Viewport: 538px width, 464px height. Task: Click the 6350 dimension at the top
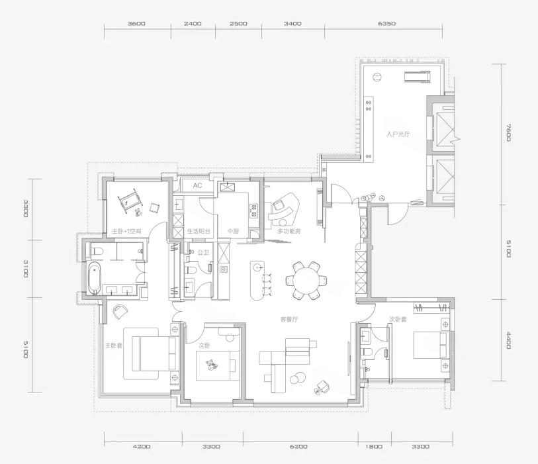coord(386,24)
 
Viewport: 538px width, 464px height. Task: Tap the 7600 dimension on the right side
coord(508,132)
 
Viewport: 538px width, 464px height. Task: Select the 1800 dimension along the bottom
coord(374,447)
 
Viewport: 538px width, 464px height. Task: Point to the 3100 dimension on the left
coord(26,269)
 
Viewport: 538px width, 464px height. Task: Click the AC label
coord(197,186)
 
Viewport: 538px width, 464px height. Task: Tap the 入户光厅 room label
coord(398,134)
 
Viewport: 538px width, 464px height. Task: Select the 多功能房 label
coord(289,231)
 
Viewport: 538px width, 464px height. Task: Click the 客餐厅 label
coord(289,320)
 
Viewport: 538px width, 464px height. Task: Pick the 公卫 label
coord(203,253)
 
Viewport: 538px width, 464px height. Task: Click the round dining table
coord(306,281)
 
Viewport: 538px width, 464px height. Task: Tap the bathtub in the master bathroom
coord(95,278)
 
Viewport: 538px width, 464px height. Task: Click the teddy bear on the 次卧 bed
coord(211,365)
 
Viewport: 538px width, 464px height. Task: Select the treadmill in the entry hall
coord(418,76)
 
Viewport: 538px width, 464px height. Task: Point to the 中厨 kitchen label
coord(233,231)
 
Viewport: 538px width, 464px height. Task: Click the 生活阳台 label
coord(199,231)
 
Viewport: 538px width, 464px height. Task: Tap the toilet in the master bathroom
coord(97,251)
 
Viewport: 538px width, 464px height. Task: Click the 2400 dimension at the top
coord(193,24)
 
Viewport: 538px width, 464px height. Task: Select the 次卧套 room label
coord(398,319)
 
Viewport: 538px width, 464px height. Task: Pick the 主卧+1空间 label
coord(126,231)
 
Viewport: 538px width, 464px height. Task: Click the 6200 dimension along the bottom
coord(298,447)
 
